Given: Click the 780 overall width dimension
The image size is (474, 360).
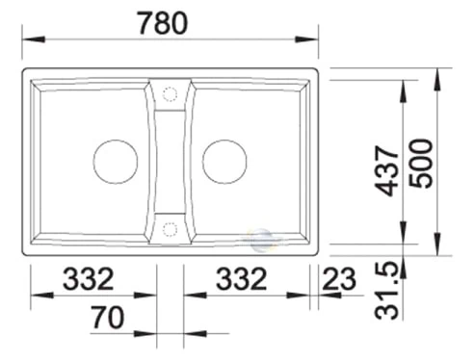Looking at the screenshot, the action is pos(163,23).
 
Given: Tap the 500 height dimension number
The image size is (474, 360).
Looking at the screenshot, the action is pos(421,164).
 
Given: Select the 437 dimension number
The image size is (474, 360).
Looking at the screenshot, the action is pos(387,170).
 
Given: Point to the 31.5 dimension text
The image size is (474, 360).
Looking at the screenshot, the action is pos(386,291).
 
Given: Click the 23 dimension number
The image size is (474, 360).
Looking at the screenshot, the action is pos(339,278).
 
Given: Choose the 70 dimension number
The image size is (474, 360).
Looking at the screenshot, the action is pos(107,318).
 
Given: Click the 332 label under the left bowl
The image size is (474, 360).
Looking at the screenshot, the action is pos(89,279).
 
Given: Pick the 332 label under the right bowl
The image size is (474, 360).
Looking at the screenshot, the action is pos(242,278).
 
